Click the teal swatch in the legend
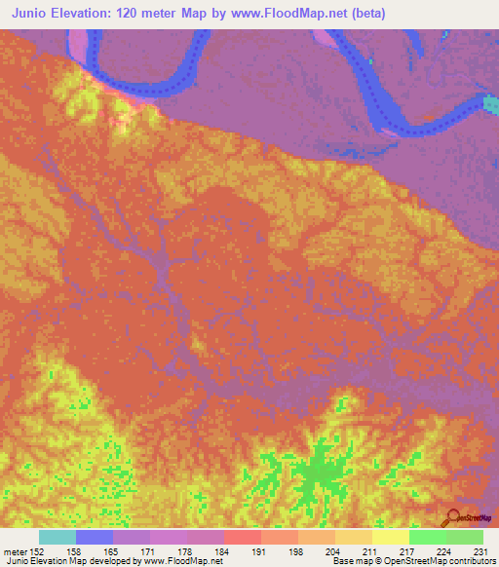(x=58, y=537)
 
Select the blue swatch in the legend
(x=95, y=537)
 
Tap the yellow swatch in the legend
(x=391, y=537)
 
